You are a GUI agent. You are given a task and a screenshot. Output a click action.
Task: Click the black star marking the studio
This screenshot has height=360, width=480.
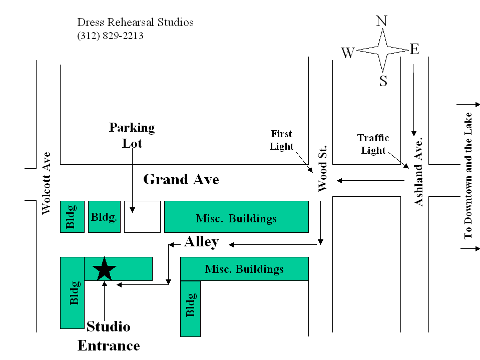[104, 268]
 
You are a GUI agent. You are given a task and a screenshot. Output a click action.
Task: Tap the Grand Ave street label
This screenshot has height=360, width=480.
[181, 179]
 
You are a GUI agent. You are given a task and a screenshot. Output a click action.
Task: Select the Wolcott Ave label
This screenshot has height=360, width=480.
[47, 183]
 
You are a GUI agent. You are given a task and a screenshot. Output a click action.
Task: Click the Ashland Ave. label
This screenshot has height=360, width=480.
[419, 171]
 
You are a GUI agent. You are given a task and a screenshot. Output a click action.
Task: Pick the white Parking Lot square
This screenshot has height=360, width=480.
[142, 217]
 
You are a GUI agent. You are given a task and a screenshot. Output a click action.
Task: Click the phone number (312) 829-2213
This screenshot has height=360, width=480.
[110, 36]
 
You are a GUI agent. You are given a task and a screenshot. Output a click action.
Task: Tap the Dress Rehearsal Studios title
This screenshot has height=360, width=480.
[135, 23]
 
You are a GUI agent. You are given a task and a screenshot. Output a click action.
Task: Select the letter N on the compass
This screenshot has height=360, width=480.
[381, 21]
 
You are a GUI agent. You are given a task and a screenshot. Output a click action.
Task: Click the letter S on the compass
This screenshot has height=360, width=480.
[383, 81]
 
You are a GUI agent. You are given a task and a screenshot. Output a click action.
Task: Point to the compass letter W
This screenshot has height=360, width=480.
[348, 53]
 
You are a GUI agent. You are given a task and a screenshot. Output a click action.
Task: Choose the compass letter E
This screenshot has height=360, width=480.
[414, 49]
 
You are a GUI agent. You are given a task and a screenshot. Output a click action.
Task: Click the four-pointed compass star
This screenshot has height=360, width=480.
[382, 50]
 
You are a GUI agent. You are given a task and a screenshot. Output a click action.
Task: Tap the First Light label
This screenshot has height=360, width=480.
[281, 140]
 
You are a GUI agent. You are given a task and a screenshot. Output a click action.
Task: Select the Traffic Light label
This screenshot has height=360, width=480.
[373, 144]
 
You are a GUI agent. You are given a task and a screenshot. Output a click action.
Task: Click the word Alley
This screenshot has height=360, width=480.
[201, 242]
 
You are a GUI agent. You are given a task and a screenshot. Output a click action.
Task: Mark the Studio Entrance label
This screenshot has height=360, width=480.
[109, 336]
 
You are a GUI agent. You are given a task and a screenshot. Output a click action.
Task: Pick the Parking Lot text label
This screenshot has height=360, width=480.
[132, 135]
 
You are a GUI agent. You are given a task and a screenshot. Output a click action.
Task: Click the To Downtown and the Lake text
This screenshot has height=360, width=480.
[468, 175]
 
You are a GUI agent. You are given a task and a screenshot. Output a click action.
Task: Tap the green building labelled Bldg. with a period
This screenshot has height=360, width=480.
[104, 217]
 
